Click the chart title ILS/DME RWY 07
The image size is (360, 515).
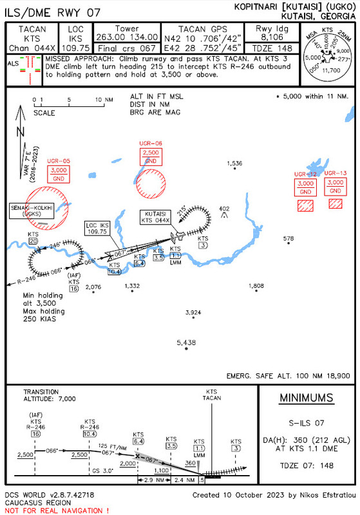pyautogui.click(x=53, y=12)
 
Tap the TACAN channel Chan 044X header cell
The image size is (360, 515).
pyautogui.click(x=32, y=48)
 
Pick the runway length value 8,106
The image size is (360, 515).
pyautogui.click(x=268, y=37)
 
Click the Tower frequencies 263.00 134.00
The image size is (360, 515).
pyautogui.click(x=127, y=37)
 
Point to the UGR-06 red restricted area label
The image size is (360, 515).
pyautogui.click(x=151, y=143)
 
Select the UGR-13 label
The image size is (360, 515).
pyautogui.click(x=335, y=173)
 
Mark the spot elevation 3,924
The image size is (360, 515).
pyautogui.click(x=193, y=312)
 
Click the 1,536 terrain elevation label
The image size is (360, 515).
pyautogui.click(x=235, y=164)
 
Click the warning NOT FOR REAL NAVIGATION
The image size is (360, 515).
pyautogui.click(x=56, y=510)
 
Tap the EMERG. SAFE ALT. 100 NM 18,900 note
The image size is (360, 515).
pyautogui.click(x=288, y=375)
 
